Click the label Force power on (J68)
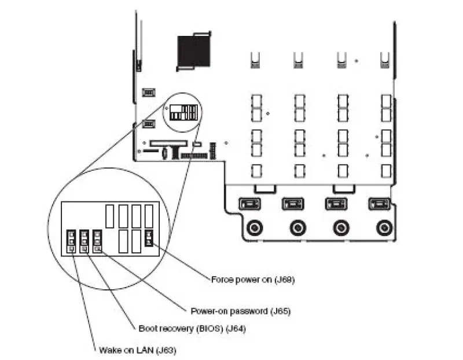(253, 280)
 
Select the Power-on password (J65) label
(241, 311)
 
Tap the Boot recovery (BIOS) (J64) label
(192, 328)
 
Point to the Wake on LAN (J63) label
(138, 350)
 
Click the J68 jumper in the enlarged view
(149, 238)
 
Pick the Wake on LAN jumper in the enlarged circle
(71, 241)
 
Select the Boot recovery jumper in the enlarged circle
(84, 241)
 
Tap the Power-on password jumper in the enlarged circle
(97, 241)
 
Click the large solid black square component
(194, 51)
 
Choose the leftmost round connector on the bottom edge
(255, 227)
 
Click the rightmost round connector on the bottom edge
(384, 227)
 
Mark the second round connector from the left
(298, 227)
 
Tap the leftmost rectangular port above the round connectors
(249, 204)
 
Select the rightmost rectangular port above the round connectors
(380, 204)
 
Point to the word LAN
(145, 350)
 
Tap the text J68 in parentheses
(285, 280)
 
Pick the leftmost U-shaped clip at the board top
(255, 60)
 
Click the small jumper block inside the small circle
(183, 112)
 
